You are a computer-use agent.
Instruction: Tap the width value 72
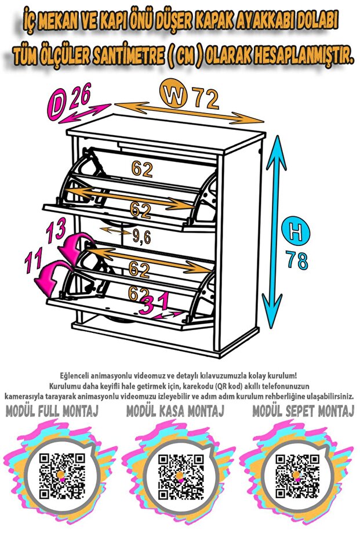pyautogui.click(x=205, y=99)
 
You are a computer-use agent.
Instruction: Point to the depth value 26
pyautogui.click(x=80, y=95)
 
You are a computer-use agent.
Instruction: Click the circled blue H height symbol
pyautogui.click(x=295, y=232)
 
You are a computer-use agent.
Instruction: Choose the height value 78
pyautogui.click(x=297, y=260)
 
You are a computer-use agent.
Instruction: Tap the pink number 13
pyautogui.click(x=56, y=230)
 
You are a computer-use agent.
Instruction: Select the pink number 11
pyautogui.click(x=34, y=259)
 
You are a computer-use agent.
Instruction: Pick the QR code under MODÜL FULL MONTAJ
pyautogui.click(x=61, y=476)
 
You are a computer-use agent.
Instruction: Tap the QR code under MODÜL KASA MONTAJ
pyautogui.click(x=181, y=476)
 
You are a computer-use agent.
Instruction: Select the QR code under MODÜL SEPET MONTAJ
pyautogui.click(x=298, y=476)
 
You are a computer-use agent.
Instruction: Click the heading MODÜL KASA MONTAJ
pyautogui.click(x=175, y=411)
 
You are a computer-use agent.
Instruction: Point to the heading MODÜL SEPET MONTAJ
pyautogui.click(x=303, y=411)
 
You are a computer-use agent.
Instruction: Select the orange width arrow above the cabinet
pyautogui.click(x=189, y=113)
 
